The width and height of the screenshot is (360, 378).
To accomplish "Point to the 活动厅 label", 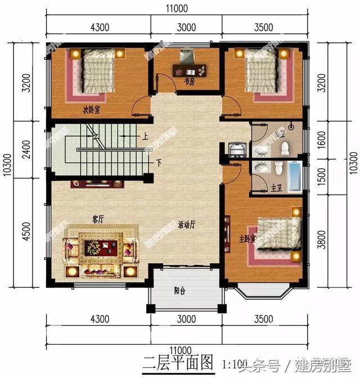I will [x=186, y=223].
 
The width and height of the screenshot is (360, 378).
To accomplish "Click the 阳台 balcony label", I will [x=181, y=291].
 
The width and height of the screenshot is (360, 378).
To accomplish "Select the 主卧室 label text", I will [x=247, y=239].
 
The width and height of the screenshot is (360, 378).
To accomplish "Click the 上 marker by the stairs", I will [x=145, y=136].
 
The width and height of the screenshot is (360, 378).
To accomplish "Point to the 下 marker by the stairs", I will [x=159, y=163].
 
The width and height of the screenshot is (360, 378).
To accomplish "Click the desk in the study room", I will [x=191, y=70].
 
